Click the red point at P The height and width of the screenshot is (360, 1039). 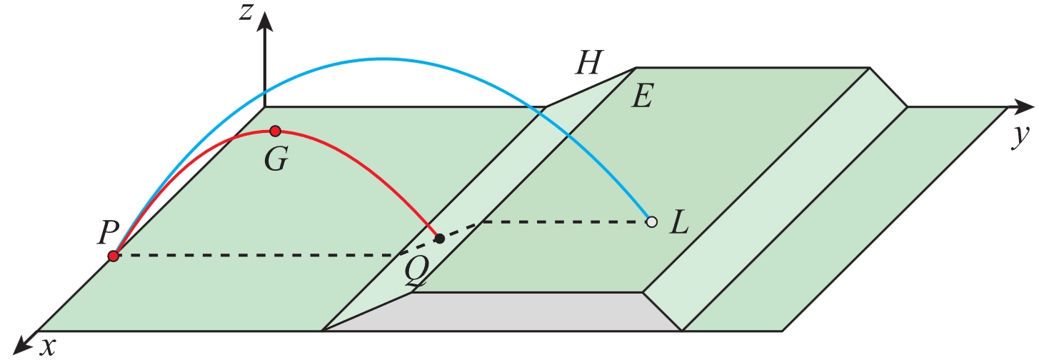point(114,256)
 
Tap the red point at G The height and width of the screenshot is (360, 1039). point(276,131)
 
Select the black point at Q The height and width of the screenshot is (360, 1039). point(439,239)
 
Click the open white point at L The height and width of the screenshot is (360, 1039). point(652,221)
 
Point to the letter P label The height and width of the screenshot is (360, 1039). point(108,232)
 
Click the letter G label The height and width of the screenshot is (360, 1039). point(276,159)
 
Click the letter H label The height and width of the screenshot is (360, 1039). point(590,62)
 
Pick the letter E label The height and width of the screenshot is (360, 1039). point(643,96)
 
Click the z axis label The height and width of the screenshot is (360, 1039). point(246,14)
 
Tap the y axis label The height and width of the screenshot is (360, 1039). point(1021,137)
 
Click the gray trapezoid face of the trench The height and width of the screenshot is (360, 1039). point(502,311)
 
